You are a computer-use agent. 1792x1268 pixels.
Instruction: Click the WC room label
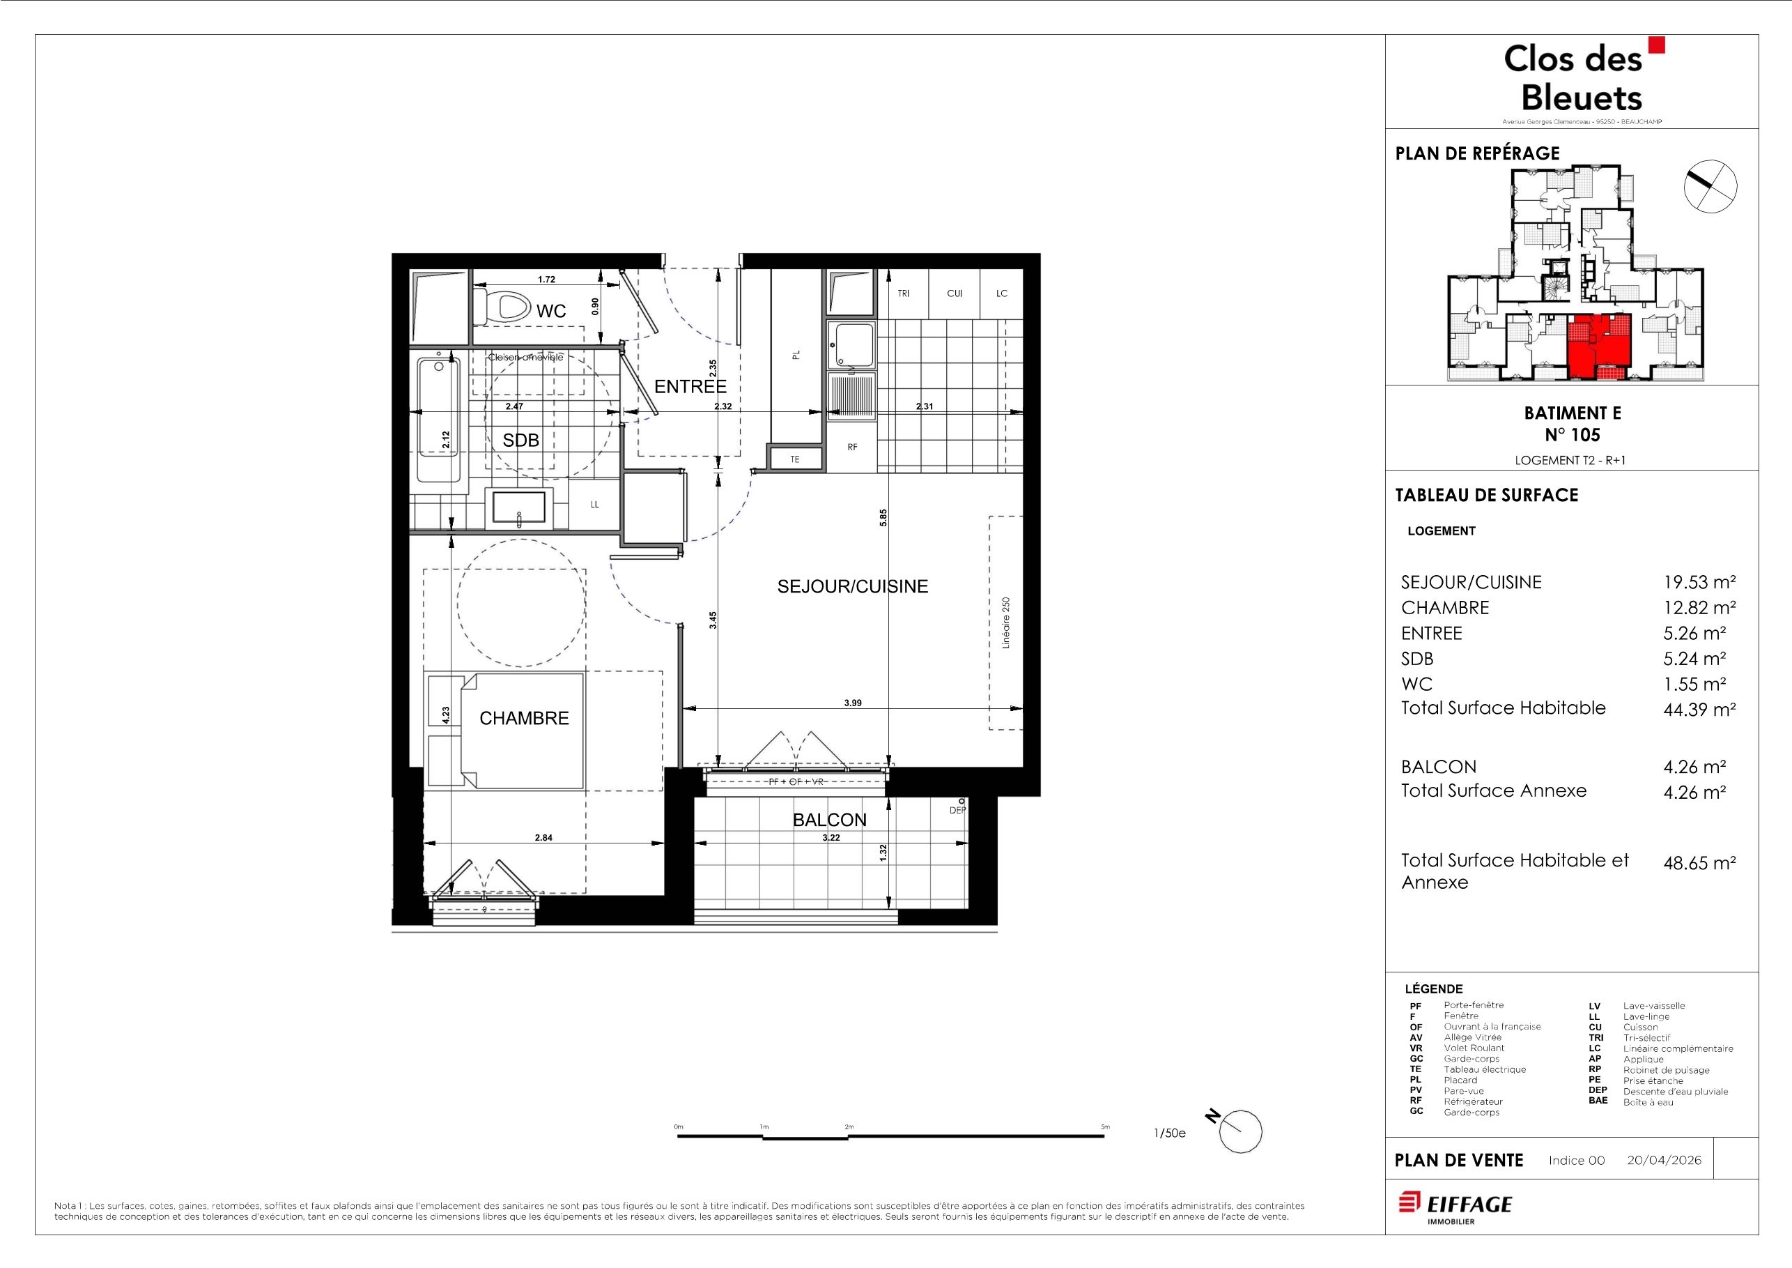550,311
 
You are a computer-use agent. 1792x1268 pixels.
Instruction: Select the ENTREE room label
690,386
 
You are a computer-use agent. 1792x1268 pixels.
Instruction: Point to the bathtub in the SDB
439,419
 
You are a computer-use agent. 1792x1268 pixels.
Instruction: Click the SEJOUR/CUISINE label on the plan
852,586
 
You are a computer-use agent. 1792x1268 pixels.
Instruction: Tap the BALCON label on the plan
830,820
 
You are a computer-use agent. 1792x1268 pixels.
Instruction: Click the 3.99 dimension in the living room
852,703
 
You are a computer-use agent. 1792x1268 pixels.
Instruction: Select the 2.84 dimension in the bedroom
543,838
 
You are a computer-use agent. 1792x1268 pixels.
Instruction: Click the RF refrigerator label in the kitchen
852,448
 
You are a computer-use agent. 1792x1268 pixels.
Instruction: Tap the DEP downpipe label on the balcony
957,811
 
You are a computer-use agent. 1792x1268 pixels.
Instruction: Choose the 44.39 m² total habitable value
1699,710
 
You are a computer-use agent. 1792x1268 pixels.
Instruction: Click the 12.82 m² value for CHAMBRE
1699,607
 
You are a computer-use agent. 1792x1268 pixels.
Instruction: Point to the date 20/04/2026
1664,1160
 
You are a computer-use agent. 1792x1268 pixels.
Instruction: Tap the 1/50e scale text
1169,1133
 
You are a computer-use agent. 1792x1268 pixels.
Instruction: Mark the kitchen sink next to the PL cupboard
852,344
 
